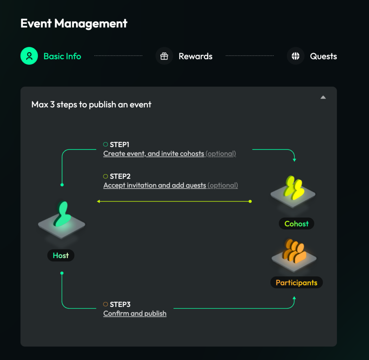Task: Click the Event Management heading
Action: [x=74, y=24]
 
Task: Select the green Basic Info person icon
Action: [x=29, y=56]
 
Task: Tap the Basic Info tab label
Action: [x=62, y=57]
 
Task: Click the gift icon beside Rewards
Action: [x=164, y=56]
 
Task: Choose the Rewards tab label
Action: [x=195, y=57]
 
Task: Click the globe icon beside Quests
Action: [x=295, y=56]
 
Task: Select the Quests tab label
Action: [x=323, y=57]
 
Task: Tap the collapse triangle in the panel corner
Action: [x=323, y=97]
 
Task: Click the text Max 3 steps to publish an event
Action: [x=91, y=105]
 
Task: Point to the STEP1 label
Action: [x=119, y=145]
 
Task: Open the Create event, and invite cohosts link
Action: [x=154, y=154]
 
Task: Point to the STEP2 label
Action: [x=120, y=176]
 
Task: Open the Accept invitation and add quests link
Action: [x=155, y=185]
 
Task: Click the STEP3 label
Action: [x=120, y=305]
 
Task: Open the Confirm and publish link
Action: [x=135, y=314]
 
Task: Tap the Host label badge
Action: [x=61, y=256]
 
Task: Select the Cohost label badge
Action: [x=296, y=224]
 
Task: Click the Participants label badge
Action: [x=296, y=283]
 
